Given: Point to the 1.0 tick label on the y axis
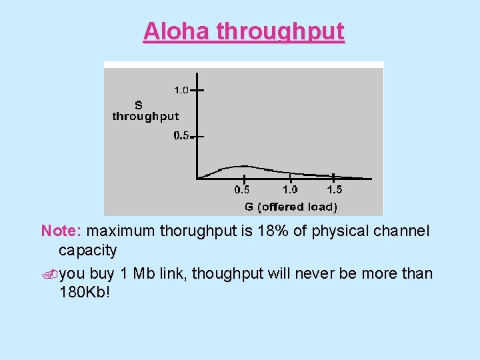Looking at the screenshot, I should click(x=181, y=89).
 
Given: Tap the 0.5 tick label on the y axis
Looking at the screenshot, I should click(x=181, y=135).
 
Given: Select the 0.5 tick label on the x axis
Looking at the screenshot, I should click(x=243, y=190).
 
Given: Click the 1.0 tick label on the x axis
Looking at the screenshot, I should click(x=290, y=190).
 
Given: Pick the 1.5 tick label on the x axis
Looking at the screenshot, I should click(x=335, y=190).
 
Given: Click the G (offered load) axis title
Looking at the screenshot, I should click(x=291, y=207).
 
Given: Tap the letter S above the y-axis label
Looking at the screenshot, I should click(x=139, y=105).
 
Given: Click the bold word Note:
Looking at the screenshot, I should click(x=61, y=231).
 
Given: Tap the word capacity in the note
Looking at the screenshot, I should click(x=87, y=251).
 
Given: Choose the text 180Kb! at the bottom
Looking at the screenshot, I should click(x=84, y=293).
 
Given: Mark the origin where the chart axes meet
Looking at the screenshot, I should click(x=196, y=178).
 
